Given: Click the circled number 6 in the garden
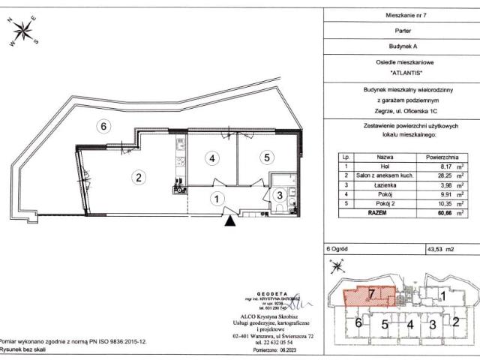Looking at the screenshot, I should tap(105, 126).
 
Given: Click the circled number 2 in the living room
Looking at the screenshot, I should tap(138, 178).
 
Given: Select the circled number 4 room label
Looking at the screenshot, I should tap(213, 158).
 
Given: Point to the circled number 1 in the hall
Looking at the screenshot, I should tap(216, 199).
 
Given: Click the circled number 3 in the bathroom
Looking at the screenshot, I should tap(277, 195).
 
